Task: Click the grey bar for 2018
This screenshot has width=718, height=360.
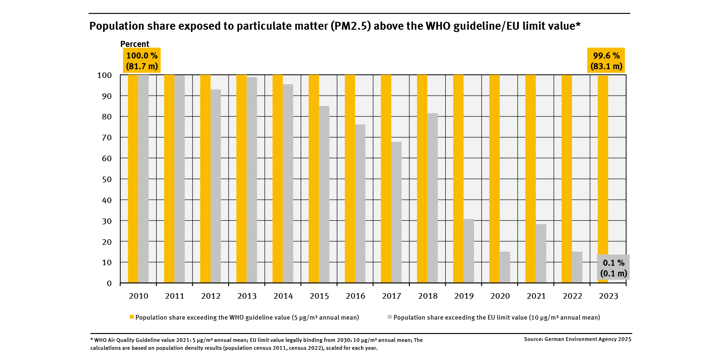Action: coord(432,198)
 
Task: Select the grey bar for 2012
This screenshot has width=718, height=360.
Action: coord(216,186)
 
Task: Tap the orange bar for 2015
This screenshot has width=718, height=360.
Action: coord(314,179)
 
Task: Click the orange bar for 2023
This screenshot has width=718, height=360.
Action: coord(603,179)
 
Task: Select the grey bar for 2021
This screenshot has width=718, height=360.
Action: coord(541,253)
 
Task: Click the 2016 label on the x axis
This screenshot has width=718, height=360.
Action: coord(355,296)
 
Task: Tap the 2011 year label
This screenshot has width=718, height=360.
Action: coord(175,296)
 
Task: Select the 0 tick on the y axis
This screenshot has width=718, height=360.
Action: coord(109,283)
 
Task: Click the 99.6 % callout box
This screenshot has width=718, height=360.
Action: coord(606,60)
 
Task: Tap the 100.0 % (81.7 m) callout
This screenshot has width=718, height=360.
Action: coord(142,60)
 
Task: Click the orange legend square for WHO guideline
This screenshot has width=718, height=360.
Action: coord(132,317)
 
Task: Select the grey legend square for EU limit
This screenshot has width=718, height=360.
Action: coord(389,317)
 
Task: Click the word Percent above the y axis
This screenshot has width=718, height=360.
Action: coord(135,44)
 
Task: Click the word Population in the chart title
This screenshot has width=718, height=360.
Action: coord(113,26)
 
